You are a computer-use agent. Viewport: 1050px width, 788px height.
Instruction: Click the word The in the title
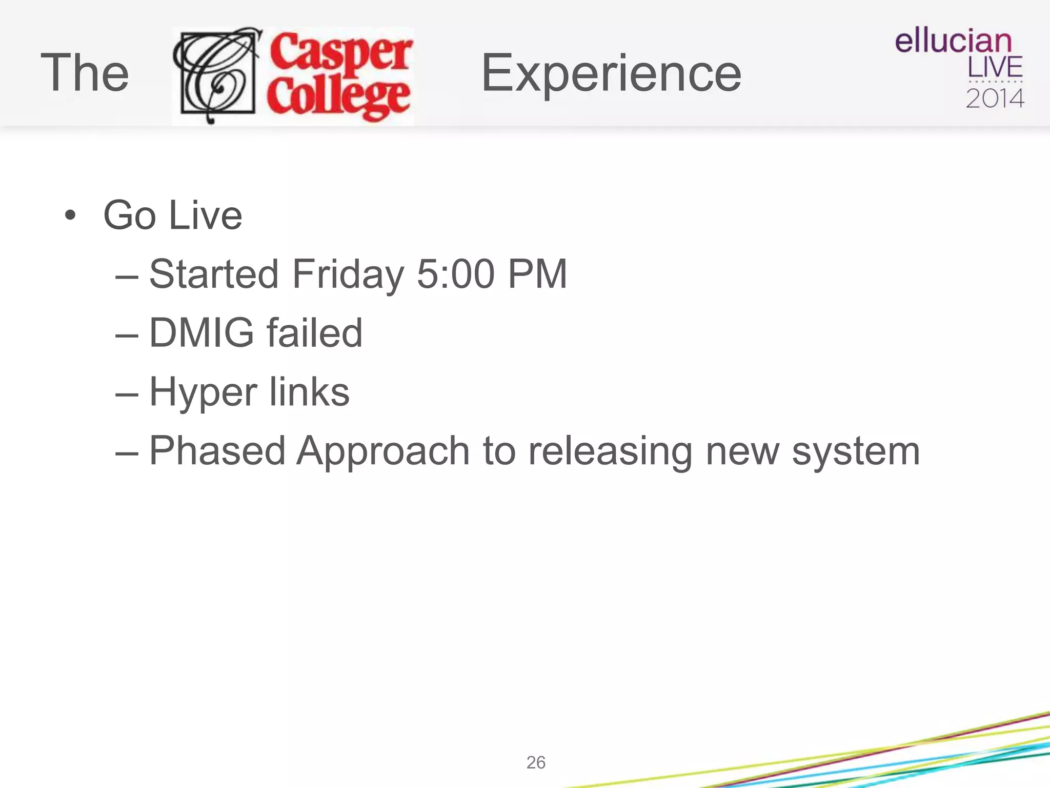click(x=85, y=73)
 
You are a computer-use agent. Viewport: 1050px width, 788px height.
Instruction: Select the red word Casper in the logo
click(x=341, y=51)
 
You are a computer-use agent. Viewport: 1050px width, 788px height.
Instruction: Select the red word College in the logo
click(x=338, y=97)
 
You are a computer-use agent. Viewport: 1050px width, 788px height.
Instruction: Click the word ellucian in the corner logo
click(x=953, y=41)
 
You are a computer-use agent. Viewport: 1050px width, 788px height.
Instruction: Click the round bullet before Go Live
click(x=70, y=215)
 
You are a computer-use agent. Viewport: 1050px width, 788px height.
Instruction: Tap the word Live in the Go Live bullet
click(x=205, y=215)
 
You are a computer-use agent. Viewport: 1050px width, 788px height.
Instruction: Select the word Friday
click(x=348, y=274)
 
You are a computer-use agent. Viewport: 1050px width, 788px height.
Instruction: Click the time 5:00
click(x=455, y=274)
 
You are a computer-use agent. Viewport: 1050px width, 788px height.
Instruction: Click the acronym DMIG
click(x=201, y=333)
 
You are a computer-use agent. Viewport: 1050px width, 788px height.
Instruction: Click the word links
click(x=309, y=392)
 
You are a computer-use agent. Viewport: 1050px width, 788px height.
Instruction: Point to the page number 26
click(x=536, y=762)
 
